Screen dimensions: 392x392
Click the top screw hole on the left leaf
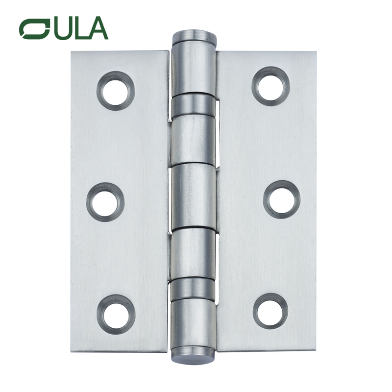click(116, 91)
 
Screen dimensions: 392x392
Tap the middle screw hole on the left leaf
click(105, 201)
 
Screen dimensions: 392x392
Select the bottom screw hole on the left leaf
click(116, 312)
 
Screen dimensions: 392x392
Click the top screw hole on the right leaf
click(270, 86)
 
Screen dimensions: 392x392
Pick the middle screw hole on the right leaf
click(282, 199)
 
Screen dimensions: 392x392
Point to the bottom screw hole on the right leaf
click(270, 311)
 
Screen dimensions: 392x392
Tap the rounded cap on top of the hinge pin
click(194, 36)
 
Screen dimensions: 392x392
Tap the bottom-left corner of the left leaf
click(72, 350)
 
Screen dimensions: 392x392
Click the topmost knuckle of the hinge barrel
click(194, 66)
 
